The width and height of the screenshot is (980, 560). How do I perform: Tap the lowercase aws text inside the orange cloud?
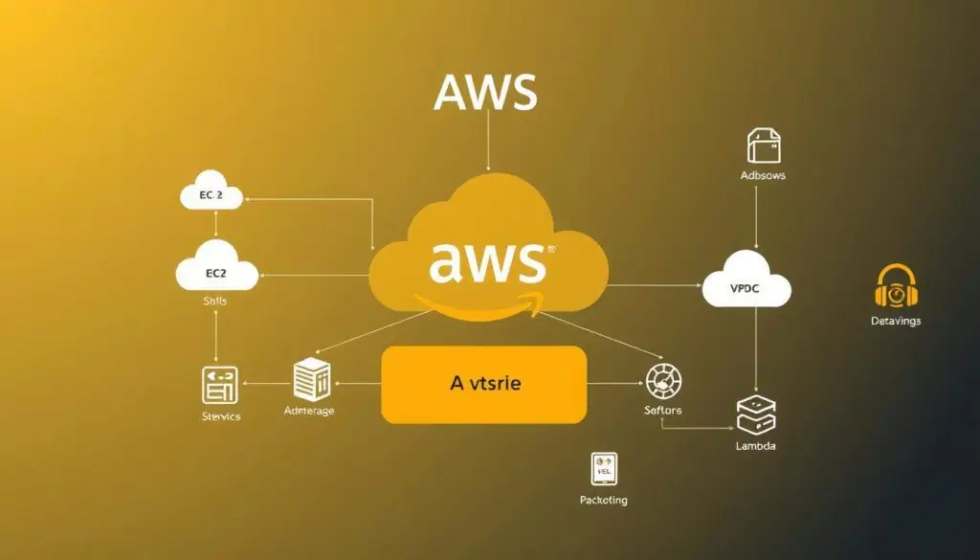click(488, 261)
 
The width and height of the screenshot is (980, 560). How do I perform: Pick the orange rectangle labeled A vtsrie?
click(483, 385)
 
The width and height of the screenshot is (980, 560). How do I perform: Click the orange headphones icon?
click(896, 288)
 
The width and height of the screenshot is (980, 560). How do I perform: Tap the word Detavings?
click(896, 322)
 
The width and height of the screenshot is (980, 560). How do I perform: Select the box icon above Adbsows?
click(764, 146)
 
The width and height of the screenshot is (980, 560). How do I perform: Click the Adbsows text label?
click(763, 176)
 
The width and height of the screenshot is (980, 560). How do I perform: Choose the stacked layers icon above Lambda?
click(756, 415)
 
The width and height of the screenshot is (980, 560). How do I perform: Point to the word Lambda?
click(756, 446)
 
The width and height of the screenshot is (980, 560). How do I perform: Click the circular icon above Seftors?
click(662, 381)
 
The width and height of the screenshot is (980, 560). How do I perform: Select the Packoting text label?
click(604, 500)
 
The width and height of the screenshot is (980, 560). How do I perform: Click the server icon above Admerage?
click(311, 380)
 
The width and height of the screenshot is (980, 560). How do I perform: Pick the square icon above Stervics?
click(219, 384)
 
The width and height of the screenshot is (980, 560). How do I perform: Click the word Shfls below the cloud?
click(216, 302)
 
